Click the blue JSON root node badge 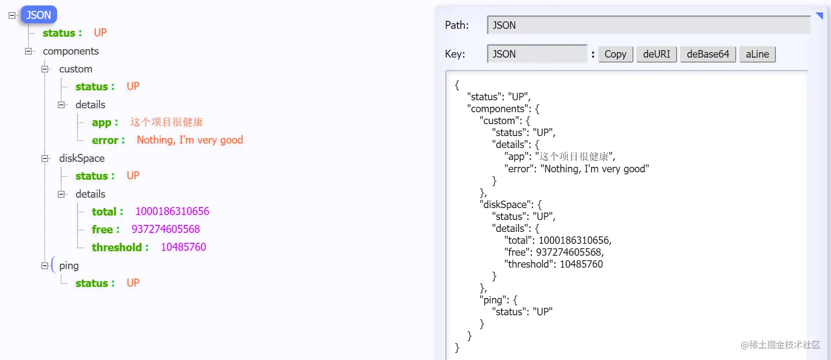pyautogui.click(x=39, y=15)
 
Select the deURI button pyautogui.click(x=656, y=54)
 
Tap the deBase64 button pyautogui.click(x=707, y=54)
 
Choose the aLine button pyautogui.click(x=757, y=54)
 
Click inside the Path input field pyautogui.click(x=648, y=25)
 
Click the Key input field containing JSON pyautogui.click(x=537, y=54)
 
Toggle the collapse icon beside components pyautogui.click(x=29, y=51)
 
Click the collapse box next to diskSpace pyautogui.click(x=45, y=158)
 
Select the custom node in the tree pyautogui.click(x=75, y=69)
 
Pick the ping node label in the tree pyautogui.click(x=69, y=266)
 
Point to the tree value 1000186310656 pyautogui.click(x=172, y=212)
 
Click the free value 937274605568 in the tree pyautogui.click(x=165, y=229)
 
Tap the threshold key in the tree pyautogui.click(x=117, y=247)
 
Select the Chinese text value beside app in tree pyautogui.click(x=167, y=122)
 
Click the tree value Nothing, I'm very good pyautogui.click(x=190, y=141)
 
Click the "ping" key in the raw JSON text pyautogui.click(x=493, y=300)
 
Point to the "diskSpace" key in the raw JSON pyautogui.click(x=505, y=205)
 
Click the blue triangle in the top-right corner pyautogui.click(x=820, y=15)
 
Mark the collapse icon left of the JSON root pyautogui.click(x=12, y=15)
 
